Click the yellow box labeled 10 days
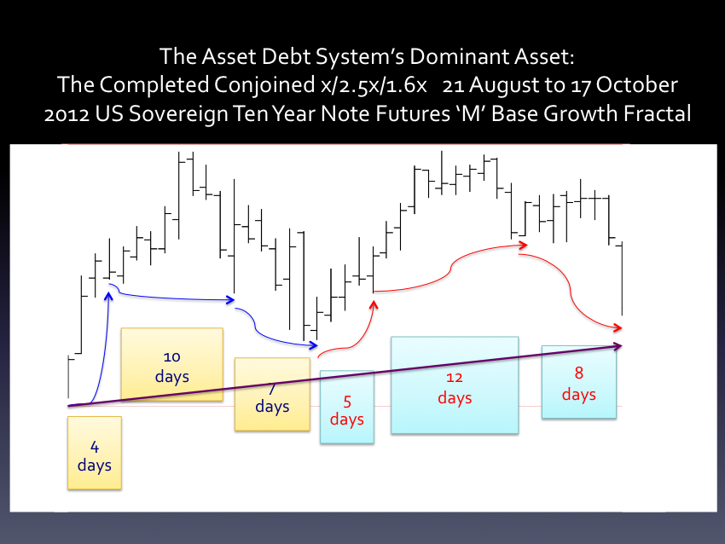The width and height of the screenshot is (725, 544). click(172, 364)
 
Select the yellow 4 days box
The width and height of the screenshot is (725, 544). click(95, 453)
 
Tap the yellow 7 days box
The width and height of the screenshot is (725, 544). click(272, 394)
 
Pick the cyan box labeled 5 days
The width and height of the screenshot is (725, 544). click(347, 408)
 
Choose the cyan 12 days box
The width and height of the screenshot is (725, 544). click(455, 385)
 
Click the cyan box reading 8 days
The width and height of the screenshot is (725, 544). click(579, 382)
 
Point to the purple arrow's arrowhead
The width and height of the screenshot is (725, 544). click(618, 346)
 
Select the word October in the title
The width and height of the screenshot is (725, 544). click(636, 85)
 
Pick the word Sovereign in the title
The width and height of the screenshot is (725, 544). click(177, 114)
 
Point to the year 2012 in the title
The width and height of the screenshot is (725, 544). click(67, 114)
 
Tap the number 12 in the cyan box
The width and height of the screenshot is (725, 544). click(455, 378)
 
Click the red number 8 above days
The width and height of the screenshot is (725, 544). click(579, 373)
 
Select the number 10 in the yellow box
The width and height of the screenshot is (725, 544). click(172, 356)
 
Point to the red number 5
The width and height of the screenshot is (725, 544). click(347, 402)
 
